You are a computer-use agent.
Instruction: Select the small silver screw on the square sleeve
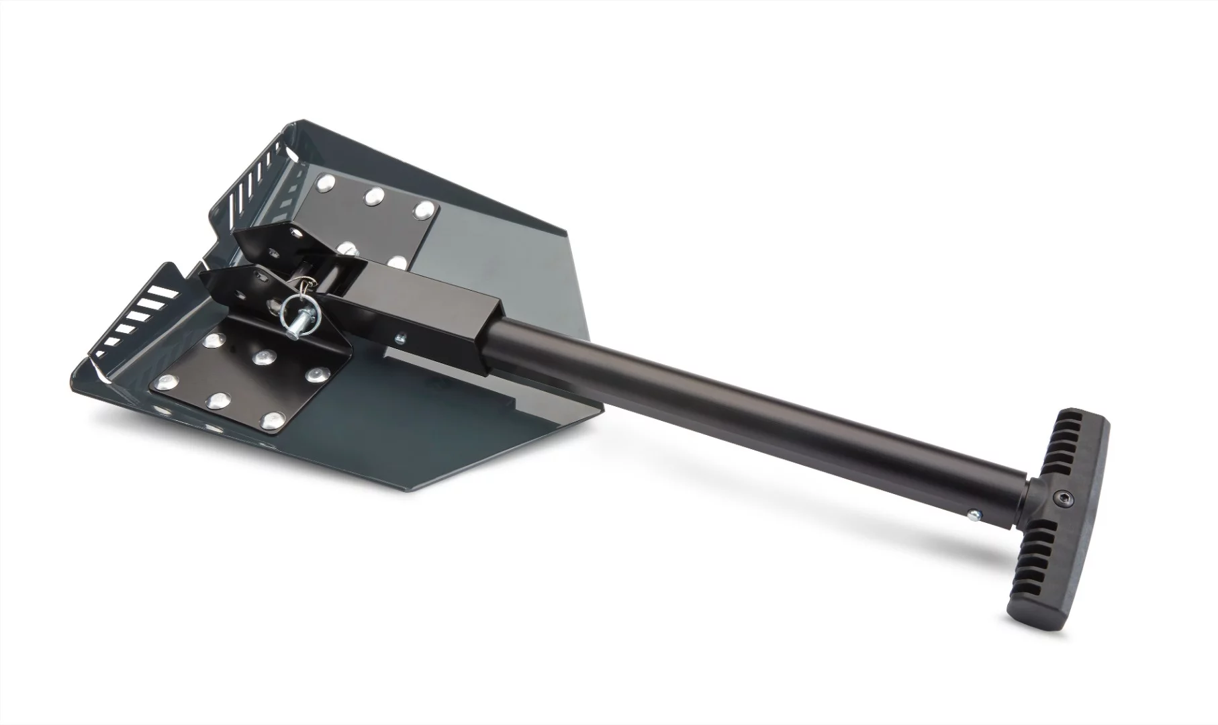coord(400,338)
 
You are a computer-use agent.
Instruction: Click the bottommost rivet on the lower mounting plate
coord(271,421)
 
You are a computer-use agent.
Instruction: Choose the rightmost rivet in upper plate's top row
coord(423,209)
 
